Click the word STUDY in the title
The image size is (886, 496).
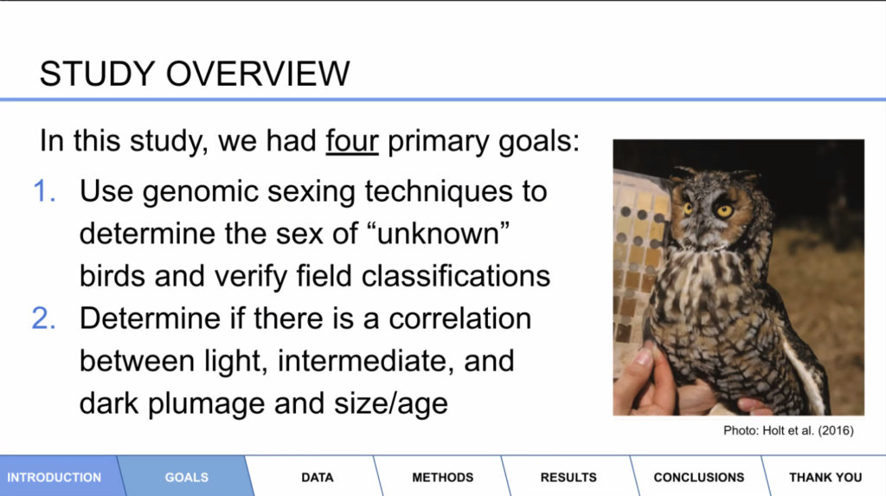tap(97, 74)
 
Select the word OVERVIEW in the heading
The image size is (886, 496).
tap(258, 74)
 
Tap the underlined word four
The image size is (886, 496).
tap(351, 140)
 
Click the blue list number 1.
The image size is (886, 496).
tap(44, 191)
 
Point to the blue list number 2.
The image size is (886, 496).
tap(43, 319)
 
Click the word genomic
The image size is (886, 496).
tap(201, 192)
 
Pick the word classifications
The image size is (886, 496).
tap(455, 276)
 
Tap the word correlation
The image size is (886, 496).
tap(460, 319)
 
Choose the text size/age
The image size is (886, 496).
tap(391, 404)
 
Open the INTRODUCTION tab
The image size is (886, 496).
tap(55, 477)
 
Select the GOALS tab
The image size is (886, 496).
tap(187, 477)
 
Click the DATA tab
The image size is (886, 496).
tap(317, 477)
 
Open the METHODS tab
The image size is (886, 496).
tap(442, 477)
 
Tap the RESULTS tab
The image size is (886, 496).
tap(568, 477)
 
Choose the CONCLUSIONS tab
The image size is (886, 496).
tap(699, 477)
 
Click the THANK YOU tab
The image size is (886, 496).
tap(825, 477)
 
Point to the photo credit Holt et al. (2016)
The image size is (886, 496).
tap(808, 430)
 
